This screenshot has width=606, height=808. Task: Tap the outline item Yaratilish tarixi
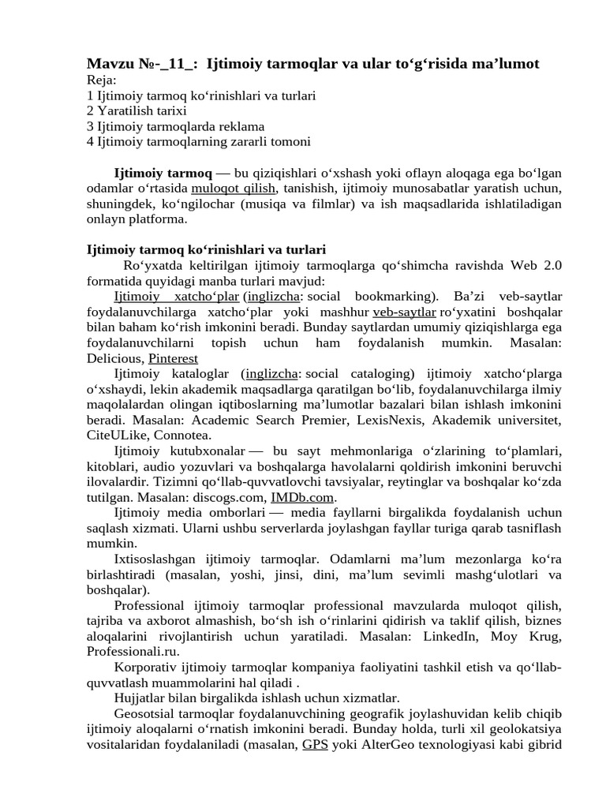pos(141,110)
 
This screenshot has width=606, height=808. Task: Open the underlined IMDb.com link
pos(303,497)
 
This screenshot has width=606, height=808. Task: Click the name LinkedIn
pos(447,636)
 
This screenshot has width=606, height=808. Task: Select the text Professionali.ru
pos(132,651)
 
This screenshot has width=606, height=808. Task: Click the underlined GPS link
pos(314,744)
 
